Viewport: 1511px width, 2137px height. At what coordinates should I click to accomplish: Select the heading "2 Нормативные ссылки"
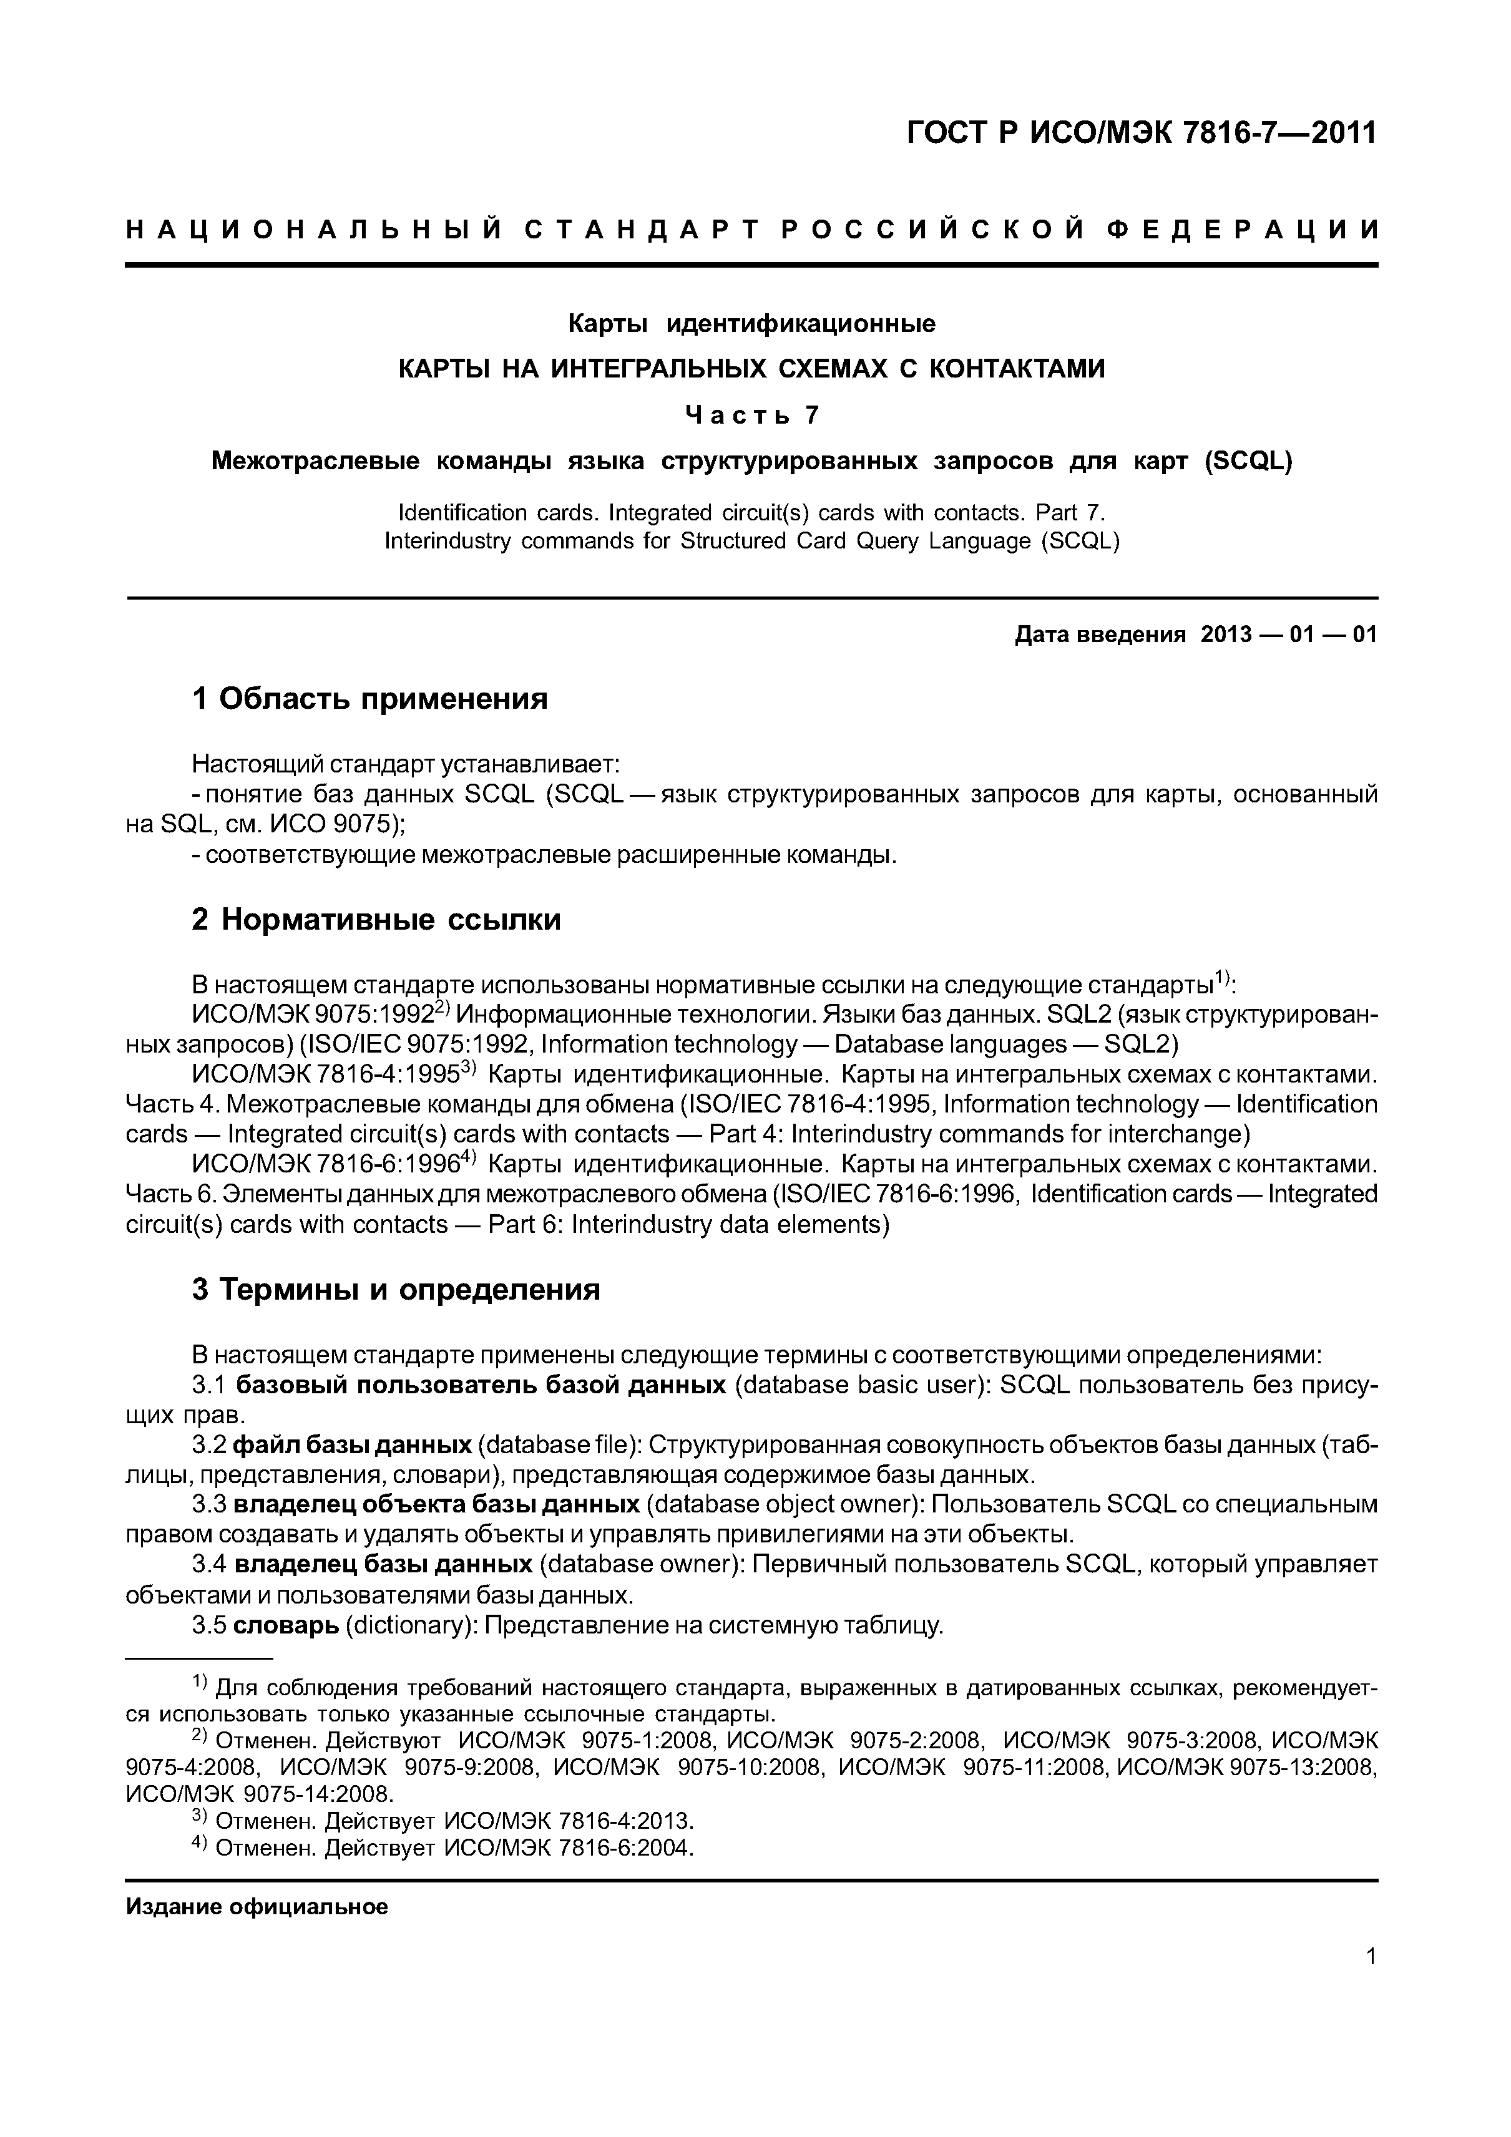tap(376, 920)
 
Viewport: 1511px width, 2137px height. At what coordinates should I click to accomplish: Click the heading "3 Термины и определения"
tap(396, 1290)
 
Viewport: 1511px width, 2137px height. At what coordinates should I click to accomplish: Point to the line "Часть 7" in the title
tap(752, 414)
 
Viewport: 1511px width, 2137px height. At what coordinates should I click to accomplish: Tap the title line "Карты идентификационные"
tap(752, 324)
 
